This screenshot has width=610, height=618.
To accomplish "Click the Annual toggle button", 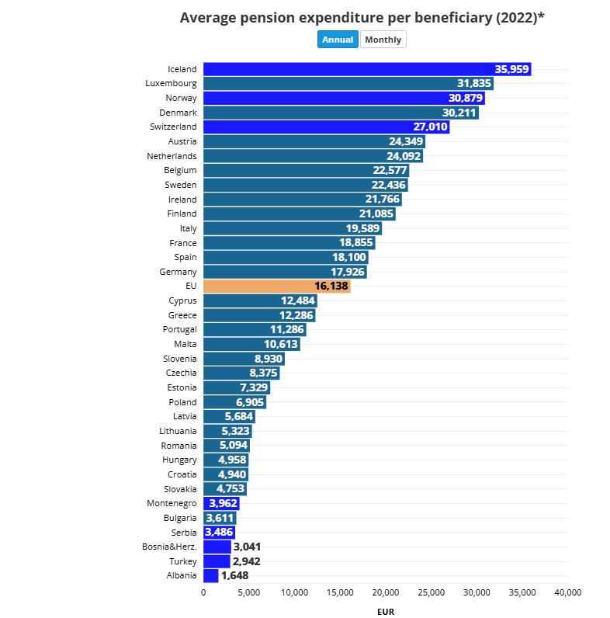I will pyautogui.click(x=338, y=40).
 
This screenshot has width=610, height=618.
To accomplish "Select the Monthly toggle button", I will pyautogui.click(x=383, y=40).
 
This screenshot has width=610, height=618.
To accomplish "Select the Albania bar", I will pyautogui.click(x=210, y=575).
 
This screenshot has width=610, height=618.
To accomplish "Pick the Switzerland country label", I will pyautogui.click(x=173, y=127).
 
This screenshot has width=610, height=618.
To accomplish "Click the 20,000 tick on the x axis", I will pyautogui.click(x=386, y=592).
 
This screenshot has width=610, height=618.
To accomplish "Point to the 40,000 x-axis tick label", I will pyautogui.click(x=567, y=592).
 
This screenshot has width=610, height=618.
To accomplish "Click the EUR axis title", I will pyautogui.click(x=385, y=612).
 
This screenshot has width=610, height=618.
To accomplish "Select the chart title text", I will pyautogui.click(x=362, y=17).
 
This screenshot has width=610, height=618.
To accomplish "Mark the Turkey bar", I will pyautogui.click(x=217, y=561).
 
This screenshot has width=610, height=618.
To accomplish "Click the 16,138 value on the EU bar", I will pyautogui.click(x=331, y=286).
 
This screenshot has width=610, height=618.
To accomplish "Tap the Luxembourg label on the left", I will pyautogui.click(x=171, y=83).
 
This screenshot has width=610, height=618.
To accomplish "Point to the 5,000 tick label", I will pyautogui.click(x=248, y=592).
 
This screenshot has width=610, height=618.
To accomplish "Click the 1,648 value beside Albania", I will pyautogui.click(x=234, y=575).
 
